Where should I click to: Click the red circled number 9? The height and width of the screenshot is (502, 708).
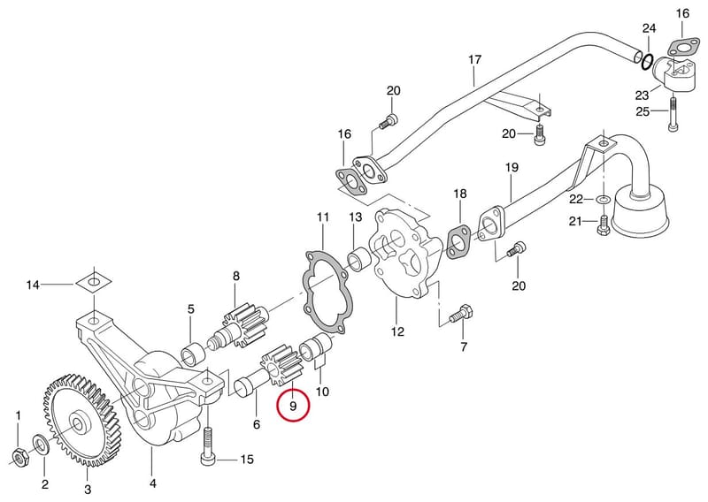click(293, 406)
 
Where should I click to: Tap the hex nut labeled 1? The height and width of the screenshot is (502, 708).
click(19, 458)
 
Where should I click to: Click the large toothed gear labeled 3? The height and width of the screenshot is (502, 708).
click(81, 421)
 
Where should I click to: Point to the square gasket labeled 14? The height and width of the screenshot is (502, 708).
click(93, 282)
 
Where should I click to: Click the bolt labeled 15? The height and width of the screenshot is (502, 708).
click(207, 446)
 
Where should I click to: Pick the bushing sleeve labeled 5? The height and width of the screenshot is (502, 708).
click(193, 353)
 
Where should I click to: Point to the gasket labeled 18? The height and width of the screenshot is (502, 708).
click(458, 243)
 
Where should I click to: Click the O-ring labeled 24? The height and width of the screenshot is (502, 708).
click(647, 62)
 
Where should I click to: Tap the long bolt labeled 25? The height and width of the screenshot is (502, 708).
click(673, 114)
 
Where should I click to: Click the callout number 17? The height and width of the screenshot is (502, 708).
click(475, 59)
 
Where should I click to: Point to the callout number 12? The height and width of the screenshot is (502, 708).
click(397, 331)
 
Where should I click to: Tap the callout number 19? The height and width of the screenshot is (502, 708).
click(512, 167)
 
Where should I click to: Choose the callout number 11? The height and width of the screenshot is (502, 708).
click(323, 217)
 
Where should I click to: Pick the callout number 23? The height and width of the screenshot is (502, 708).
click(643, 95)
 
